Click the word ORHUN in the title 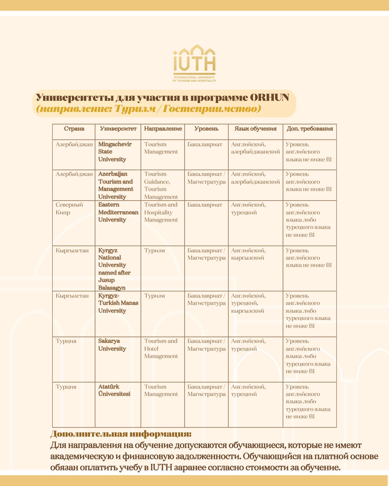pos(269,97)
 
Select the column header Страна pos(74,129)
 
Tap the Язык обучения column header pos(255,129)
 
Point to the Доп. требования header pos(309,129)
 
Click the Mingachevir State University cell pos(115,152)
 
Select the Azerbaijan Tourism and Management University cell pos(116,185)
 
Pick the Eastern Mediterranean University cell pos(118,212)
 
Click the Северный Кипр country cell pos(69,208)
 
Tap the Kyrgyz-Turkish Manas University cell pos(118,303)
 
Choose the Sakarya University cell pos(112,345)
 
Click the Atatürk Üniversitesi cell pos(114,390)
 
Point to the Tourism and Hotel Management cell pos(161,349)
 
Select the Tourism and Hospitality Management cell pos(161,212)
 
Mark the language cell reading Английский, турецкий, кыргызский pos(248,303)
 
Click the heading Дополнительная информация pos(121,434)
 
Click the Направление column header pos(163,129)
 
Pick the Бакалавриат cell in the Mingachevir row pos(205,144)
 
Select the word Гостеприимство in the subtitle pos(212,109)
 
